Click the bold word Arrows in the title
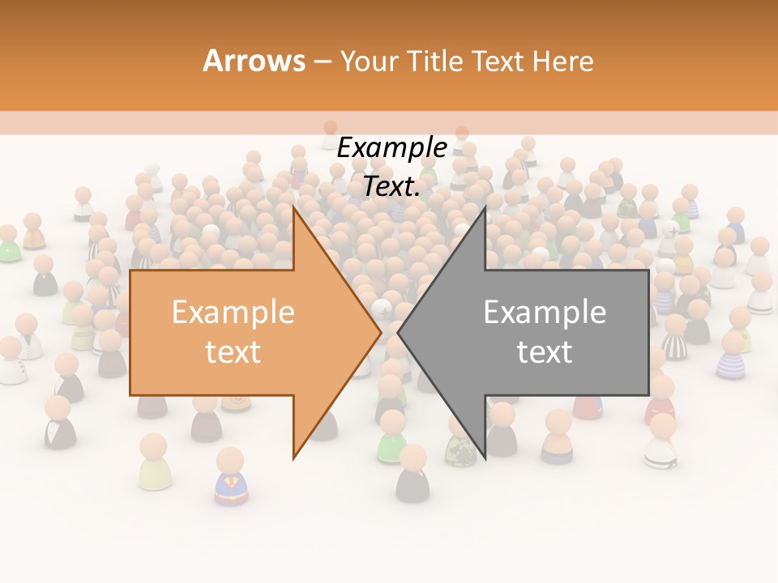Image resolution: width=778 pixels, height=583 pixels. (x=254, y=61)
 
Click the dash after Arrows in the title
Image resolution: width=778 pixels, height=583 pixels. (x=323, y=62)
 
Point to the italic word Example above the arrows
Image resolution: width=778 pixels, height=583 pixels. (x=391, y=148)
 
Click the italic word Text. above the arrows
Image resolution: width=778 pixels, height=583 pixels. (x=391, y=186)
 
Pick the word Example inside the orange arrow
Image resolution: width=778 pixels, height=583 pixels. (x=233, y=312)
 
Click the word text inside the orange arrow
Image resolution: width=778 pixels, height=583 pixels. (x=233, y=351)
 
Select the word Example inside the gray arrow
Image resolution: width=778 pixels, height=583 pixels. (x=545, y=312)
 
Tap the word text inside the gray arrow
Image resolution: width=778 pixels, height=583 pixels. (x=545, y=351)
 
